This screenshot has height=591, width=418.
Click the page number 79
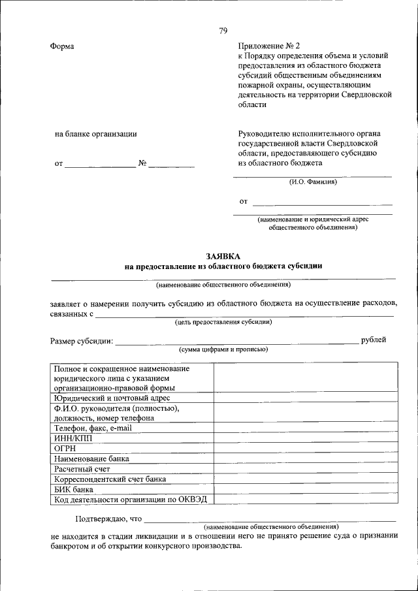[x=223, y=31]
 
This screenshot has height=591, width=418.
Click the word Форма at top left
[x=62, y=46]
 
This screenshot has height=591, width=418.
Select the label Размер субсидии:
[x=82, y=340]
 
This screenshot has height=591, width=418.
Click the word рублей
[x=373, y=340]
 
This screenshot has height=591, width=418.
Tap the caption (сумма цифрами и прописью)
[x=223, y=350]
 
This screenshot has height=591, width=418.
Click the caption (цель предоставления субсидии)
[x=223, y=322]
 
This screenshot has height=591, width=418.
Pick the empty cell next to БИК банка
[x=305, y=489]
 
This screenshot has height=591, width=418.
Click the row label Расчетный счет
[x=82, y=469]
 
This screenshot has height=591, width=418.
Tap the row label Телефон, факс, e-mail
[x=93, y=428]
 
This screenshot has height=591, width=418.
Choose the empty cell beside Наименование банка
[x=305, y=458]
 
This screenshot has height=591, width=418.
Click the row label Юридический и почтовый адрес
[x=112, y=398]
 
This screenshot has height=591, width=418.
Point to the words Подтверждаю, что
[x=108, y=519]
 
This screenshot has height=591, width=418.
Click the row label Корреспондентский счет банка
[x=110, y=479]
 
